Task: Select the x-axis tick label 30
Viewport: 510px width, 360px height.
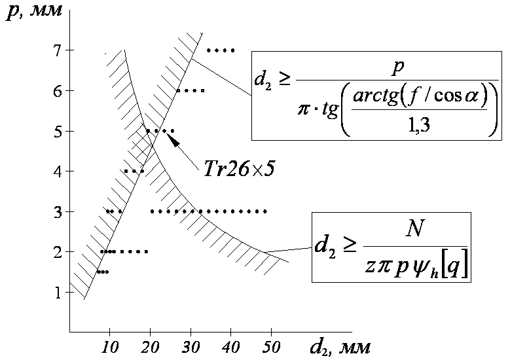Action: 191,344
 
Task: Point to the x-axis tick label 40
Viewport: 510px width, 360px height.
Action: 230,344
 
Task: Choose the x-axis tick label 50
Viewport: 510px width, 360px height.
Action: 271,344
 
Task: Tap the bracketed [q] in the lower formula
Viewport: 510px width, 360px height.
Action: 456,267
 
